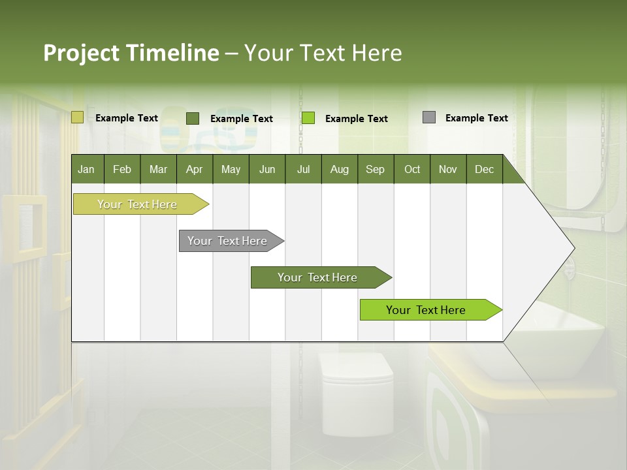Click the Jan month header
(87, 169)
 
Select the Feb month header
(122, 169)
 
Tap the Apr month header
(194, 169)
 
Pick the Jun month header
(267, 169)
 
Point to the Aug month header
(339, 169)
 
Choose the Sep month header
(375, 169)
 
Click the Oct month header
(412, 169)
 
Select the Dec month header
(484, 169)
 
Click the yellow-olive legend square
(77, 117)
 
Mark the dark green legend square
(192, 118)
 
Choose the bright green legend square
(308, 118)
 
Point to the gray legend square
(428, 117)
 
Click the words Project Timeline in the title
(131, 53)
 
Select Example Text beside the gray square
(476, 118)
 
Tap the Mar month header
(158, 169)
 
